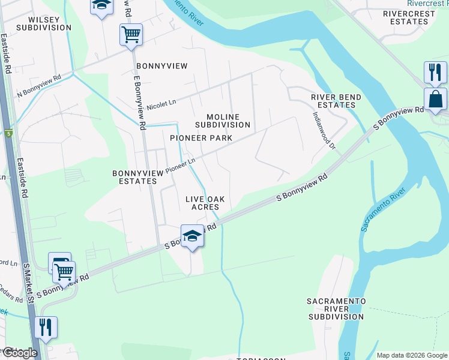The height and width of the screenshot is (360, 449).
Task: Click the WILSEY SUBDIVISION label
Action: (43, 23)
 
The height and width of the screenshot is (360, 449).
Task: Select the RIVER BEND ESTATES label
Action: (336, 101)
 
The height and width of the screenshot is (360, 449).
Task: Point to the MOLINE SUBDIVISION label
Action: (222, 121)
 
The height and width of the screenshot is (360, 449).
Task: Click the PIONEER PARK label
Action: (200, 138)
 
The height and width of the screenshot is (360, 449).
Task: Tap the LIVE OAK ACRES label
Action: (205, 203)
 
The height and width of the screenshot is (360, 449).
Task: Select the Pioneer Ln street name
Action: (181, 165)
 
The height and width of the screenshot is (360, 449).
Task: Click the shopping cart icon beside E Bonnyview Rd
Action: (130, 35)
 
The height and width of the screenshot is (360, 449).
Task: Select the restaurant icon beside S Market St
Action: (46, 328)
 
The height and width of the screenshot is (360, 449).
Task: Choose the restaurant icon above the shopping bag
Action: (435, 73)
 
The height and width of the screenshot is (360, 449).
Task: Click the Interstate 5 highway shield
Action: (8, 133)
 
